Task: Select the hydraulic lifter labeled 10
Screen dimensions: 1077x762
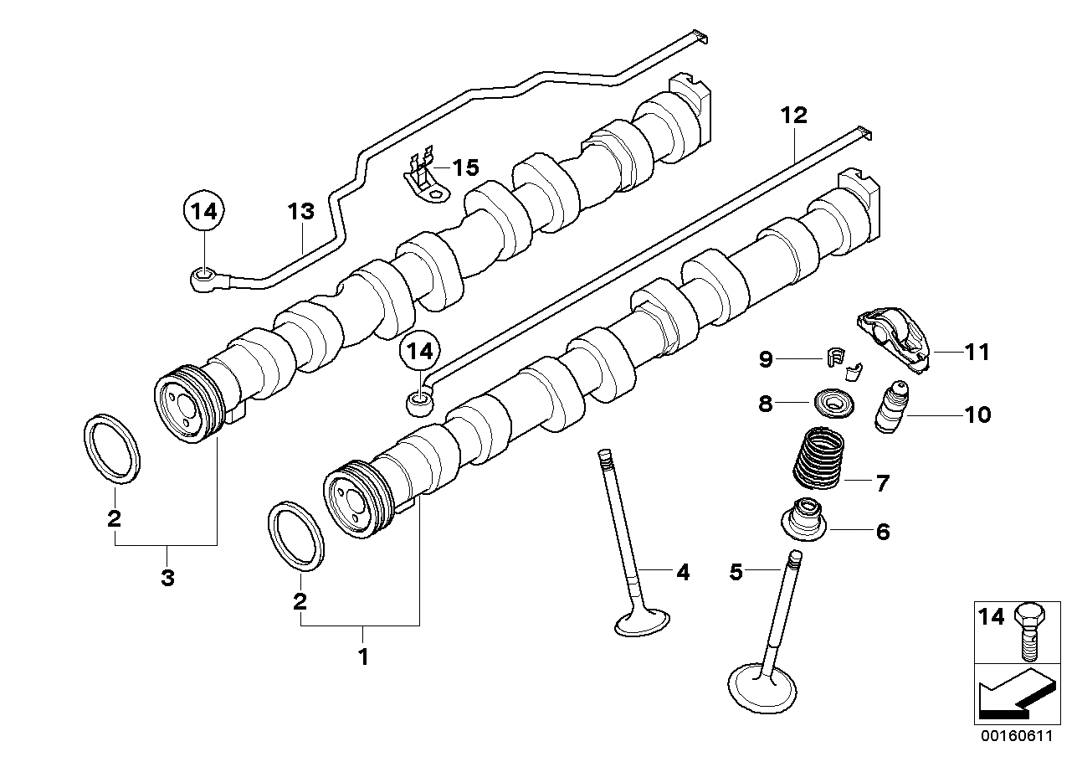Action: coord(891,407)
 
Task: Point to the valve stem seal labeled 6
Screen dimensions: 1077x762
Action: coord(803,519)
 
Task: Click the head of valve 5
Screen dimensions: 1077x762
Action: coord(762,688)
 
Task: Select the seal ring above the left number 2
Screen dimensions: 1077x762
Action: coord(112,448)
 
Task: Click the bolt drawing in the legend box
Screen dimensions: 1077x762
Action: coord(1029,632)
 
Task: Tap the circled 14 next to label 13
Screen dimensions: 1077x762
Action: coord(204,211)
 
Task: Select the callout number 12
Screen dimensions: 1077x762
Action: coord(794,115)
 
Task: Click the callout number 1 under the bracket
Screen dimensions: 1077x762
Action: coord(364,656)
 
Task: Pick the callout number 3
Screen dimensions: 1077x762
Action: coord(167,578)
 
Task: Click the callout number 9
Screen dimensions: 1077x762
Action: coord(766,359)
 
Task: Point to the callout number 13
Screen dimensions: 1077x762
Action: coord(301,211)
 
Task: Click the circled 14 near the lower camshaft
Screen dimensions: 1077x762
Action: coord(420,351)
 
